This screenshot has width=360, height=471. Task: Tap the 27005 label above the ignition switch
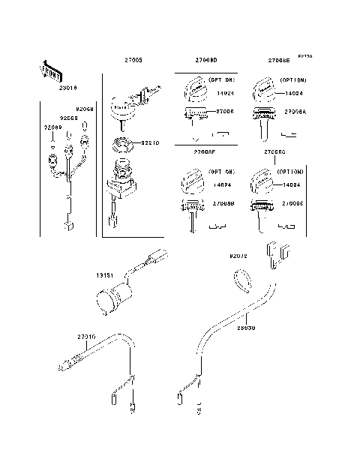pyautogui.click(x=133, y=60)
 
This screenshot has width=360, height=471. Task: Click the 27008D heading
pyautogui.click(x=205, y=60)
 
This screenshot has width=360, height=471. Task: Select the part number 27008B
pyautogui.click(x=223, y=203)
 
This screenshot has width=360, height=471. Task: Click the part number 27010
pyautogui.click(x=85, y=337)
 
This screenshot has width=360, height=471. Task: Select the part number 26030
pyautogui.click(x=246, y=328)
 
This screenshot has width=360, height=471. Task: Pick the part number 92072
pyautogui.click(x=238, y=256)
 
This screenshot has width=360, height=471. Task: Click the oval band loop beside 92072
pyautogui.click(x=241, y=280)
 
